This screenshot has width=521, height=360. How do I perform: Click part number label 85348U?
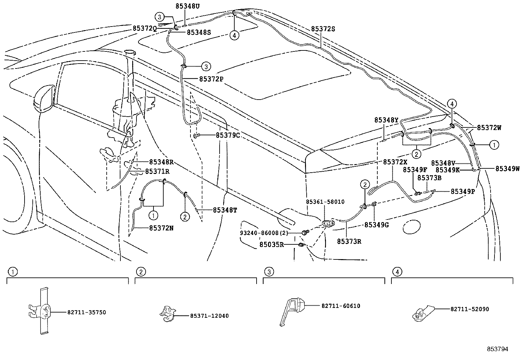coord(187,6)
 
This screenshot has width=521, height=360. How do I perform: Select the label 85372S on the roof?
coord(323,29)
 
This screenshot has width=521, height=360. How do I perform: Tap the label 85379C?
coord(228,135)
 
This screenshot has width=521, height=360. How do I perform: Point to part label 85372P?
coord(211,79)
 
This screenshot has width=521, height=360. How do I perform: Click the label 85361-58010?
coord(325,202)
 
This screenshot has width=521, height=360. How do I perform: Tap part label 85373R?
coord(349,241)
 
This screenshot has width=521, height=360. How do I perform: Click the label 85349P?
coord(462,192)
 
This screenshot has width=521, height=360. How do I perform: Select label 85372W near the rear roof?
coord(489,128)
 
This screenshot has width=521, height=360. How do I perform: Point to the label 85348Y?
coord(386,120)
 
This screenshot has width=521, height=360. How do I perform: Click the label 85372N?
coord(161,228)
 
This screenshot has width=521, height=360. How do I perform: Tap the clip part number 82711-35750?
coord(87,313)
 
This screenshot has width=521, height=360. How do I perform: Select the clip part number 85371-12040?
coord(209,316)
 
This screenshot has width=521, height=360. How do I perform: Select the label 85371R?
coord(157,171)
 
